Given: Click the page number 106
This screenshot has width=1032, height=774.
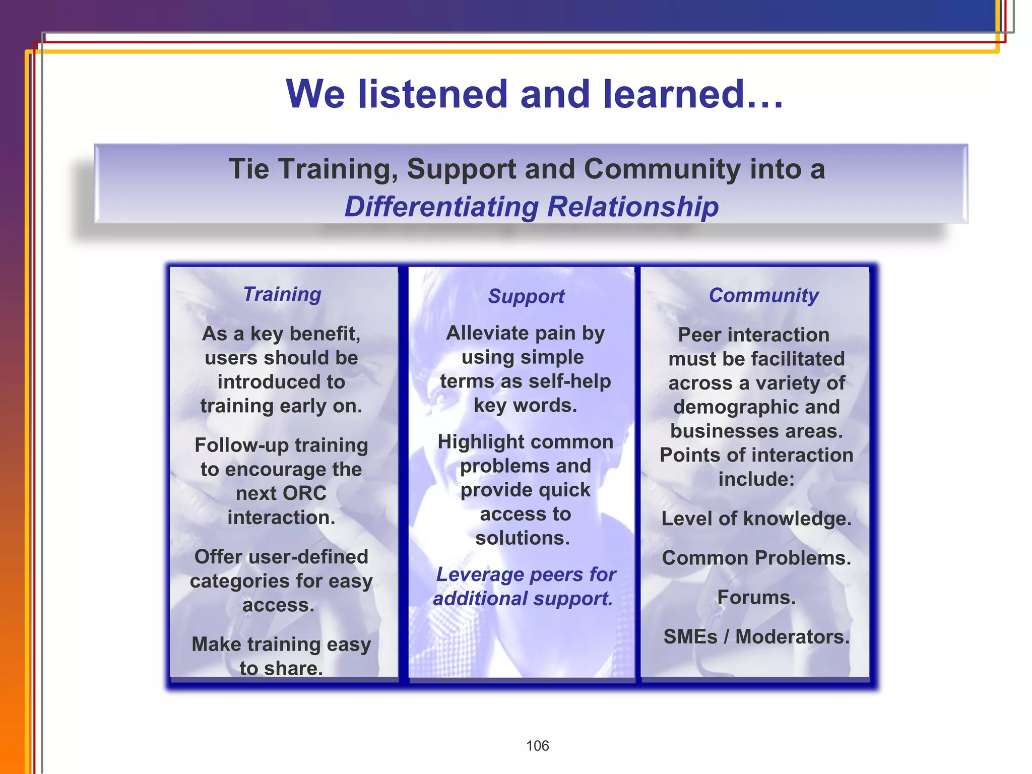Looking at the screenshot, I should (x=537, y=746).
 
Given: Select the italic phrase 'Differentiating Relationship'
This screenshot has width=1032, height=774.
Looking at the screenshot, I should (x=531, y=207).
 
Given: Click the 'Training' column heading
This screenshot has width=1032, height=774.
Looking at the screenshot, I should (x=282, y=294).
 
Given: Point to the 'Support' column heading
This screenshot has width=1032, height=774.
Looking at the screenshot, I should (x=526, y=296).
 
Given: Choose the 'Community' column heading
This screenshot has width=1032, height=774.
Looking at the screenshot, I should (x=763, y=295).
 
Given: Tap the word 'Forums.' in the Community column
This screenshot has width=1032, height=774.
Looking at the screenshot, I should (x=756, y=598).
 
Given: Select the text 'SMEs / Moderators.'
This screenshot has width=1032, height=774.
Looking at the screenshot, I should (x=756, y=637).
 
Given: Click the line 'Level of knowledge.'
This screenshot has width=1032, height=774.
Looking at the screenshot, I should (x=756, y=519).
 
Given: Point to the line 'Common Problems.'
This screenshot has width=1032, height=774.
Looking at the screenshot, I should (x=756, y=558).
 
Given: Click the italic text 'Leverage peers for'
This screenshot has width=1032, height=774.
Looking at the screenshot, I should (x=526, y=574).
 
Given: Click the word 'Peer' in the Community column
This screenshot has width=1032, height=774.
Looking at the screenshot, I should (x=699, y=335).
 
